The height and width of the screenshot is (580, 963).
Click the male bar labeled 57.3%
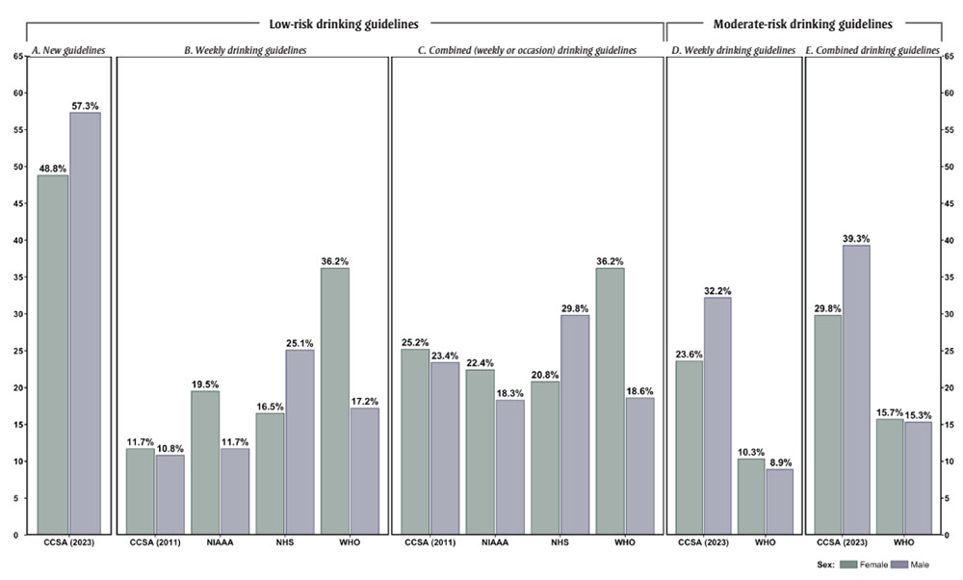(85, 323)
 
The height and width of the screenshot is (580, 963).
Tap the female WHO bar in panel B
(334, 401)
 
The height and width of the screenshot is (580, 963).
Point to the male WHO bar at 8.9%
(780, 501)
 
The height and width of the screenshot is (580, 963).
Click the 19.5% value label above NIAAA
(205, 382)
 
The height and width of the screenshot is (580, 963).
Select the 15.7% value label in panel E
(889, 411)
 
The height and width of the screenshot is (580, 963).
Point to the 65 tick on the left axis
(19, 56)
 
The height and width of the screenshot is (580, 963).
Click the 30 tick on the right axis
(949, 314)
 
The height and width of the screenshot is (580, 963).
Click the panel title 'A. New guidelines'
(68, 50)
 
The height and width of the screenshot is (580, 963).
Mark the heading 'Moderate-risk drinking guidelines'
(802, 23)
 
